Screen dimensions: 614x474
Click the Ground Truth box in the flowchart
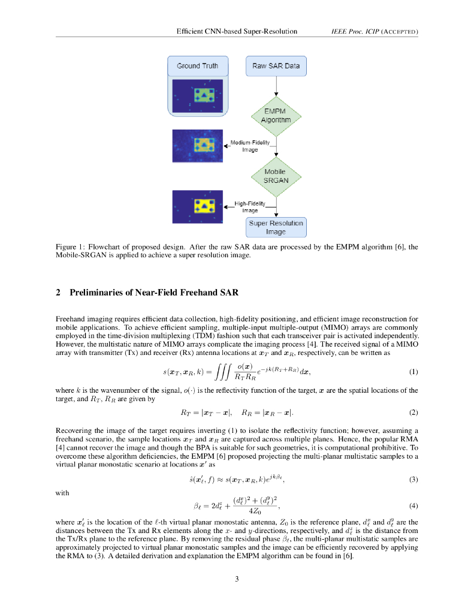tap(197, 65)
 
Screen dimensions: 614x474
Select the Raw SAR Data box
tap(276, 65)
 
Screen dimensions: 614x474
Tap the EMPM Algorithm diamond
tap(276, 115)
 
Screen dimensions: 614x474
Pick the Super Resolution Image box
tap(276, 227)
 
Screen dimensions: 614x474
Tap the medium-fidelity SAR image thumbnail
tap(197, 146)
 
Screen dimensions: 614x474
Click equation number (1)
tap(413, 372)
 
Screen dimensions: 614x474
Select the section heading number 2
tap(58, 293)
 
